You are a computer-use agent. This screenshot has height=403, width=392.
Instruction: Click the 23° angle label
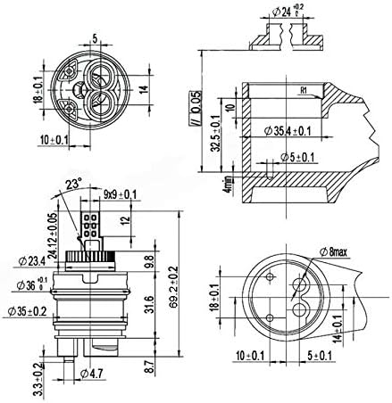73,185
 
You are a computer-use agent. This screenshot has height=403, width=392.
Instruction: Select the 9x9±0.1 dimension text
119,193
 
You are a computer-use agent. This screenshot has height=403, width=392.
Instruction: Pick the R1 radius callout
304,90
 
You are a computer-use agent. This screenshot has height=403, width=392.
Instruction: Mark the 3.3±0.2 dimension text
37,379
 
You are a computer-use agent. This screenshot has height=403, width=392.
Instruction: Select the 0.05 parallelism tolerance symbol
188,108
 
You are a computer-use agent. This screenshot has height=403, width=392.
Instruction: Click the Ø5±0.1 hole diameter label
296,159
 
